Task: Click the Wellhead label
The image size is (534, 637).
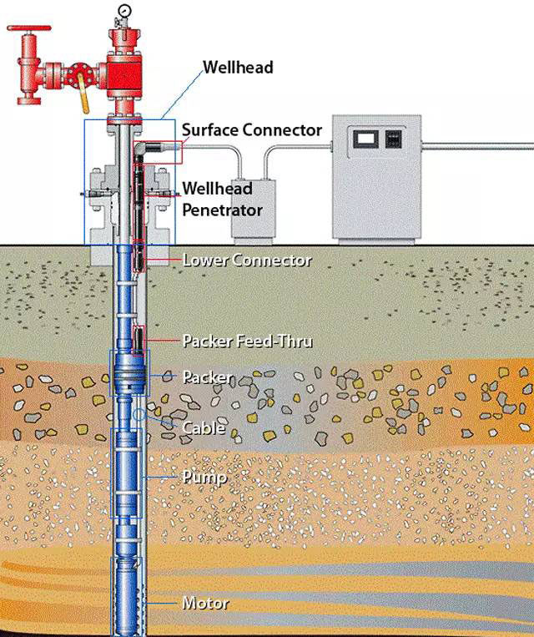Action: pos(238,67)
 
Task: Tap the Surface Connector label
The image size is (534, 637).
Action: pos(251,130)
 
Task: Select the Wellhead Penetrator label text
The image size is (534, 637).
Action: pos(222,199)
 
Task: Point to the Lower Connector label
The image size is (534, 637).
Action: pos(247,260)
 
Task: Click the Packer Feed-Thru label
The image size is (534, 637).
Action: pos(247,341)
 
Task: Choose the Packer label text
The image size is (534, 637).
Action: pos(209,377)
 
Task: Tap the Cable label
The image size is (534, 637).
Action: pos(204,428)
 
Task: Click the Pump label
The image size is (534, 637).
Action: pos(204,478)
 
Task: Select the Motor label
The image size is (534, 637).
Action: pos(205,603)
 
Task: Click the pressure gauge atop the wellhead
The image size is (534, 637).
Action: pos(125,11)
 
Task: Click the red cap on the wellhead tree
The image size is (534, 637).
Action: pos(125,37)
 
